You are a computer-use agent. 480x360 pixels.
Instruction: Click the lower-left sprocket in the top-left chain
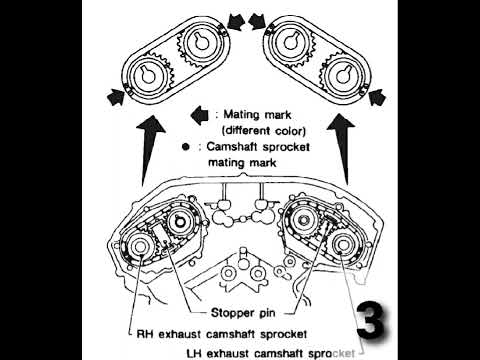coord(145,77)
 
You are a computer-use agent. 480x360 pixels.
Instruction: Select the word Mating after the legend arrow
coord(239,114)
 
